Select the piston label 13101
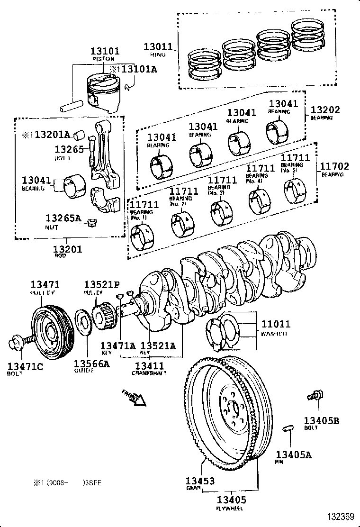coord(105,51)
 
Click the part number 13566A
coord(91,363)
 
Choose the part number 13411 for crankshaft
coord(149,365)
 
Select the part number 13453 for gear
coord(200,481)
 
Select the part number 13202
coord(325,109)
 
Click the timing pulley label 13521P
coord(102,284)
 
